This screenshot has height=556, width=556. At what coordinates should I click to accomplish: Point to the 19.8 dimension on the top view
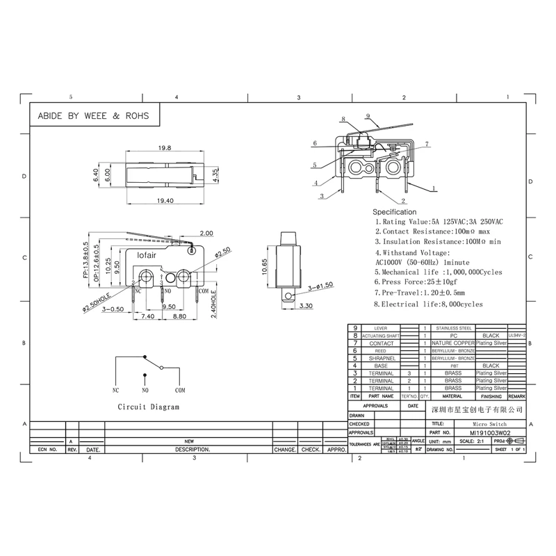tap(164, 148)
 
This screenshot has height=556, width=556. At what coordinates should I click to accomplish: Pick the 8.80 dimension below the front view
tap(179, 316)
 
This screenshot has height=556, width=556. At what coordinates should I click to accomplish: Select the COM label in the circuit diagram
tap(180, 391)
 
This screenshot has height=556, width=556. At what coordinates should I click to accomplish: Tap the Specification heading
tap(395, 211)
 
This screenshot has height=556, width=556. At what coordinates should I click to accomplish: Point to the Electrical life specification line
tap(428, 304)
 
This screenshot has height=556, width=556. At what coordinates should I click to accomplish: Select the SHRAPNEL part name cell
tap(381, 358)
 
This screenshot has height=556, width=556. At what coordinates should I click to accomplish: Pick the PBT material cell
tap(453, 366)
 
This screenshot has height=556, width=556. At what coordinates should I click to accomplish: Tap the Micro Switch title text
tap(490, 423)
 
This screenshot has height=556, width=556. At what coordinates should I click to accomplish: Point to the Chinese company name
tap(476, 410)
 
